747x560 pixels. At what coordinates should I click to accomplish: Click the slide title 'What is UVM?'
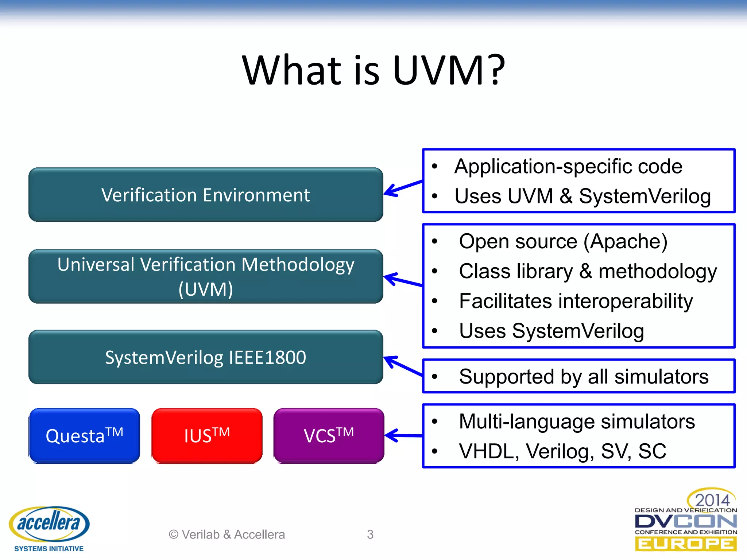373,70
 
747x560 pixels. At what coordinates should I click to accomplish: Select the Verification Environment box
206,195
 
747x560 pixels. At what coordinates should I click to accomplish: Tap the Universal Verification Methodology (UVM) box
206,276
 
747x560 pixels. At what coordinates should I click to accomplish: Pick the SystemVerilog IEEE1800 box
206,357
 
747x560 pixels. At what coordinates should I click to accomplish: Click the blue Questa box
84,436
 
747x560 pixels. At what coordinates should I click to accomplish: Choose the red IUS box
207,436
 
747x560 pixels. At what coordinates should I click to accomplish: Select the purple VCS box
329,436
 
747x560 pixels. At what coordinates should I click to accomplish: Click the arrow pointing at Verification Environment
403,187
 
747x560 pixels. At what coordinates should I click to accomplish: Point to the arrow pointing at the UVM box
403,280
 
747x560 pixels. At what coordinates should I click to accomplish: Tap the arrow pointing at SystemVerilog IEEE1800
403,366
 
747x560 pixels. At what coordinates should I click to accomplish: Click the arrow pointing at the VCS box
403,435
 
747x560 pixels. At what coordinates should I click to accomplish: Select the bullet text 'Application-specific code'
568,167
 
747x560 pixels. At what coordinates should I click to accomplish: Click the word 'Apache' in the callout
625,242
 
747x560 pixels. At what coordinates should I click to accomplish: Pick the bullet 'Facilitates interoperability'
576,302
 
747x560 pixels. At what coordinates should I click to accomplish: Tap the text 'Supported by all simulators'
584,377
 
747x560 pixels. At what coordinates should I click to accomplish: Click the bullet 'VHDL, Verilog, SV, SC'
562,451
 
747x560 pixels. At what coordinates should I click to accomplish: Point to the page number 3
370,534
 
